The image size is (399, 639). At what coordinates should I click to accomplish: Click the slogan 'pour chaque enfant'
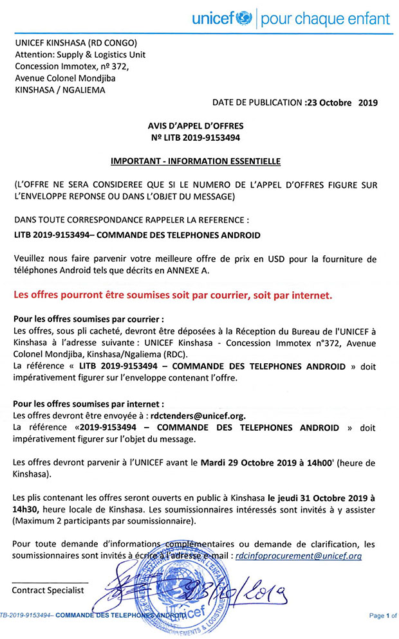tap(325, 19)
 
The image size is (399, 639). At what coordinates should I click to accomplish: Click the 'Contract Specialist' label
tap(48, 589)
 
